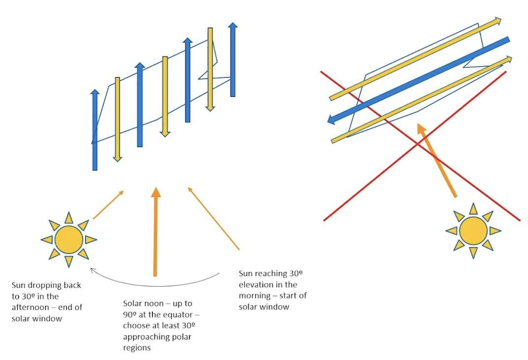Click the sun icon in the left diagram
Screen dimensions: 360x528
pos(68,240)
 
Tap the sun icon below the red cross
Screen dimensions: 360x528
pos(473,230)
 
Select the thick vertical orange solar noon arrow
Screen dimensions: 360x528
pos(155,231)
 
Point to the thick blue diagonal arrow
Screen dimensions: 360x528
pos(418,79)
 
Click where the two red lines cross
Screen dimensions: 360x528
pos(418,143)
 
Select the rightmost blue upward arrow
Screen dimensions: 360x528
pos(233,59)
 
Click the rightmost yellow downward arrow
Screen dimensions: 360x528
pos(210,69)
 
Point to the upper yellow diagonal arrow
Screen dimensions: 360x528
pos(415,59)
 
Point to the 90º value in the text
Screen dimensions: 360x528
pos(130,314)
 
